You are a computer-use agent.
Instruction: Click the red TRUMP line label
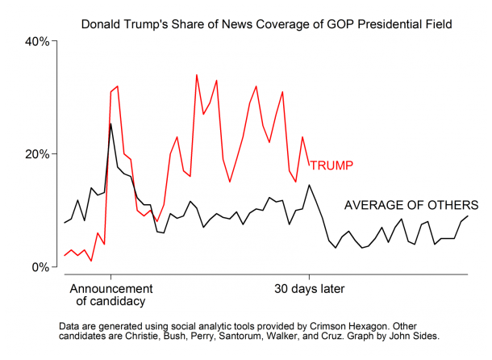click(331, 165)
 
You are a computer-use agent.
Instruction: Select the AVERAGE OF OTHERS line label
click(411, 205)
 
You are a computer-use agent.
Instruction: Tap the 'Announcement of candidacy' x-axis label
click(110, 295)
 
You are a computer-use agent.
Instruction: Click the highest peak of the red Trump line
click(197, 75)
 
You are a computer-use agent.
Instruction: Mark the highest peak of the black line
click(110, 123)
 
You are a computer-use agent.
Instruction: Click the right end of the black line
click(468, 215)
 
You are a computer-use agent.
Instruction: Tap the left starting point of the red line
click(65, 256)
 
